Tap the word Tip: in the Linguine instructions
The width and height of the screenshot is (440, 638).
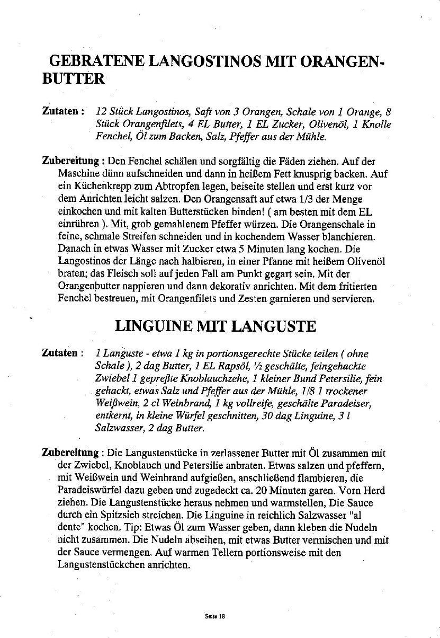pos(110,527)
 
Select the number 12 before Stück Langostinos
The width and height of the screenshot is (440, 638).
pos(102,112)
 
